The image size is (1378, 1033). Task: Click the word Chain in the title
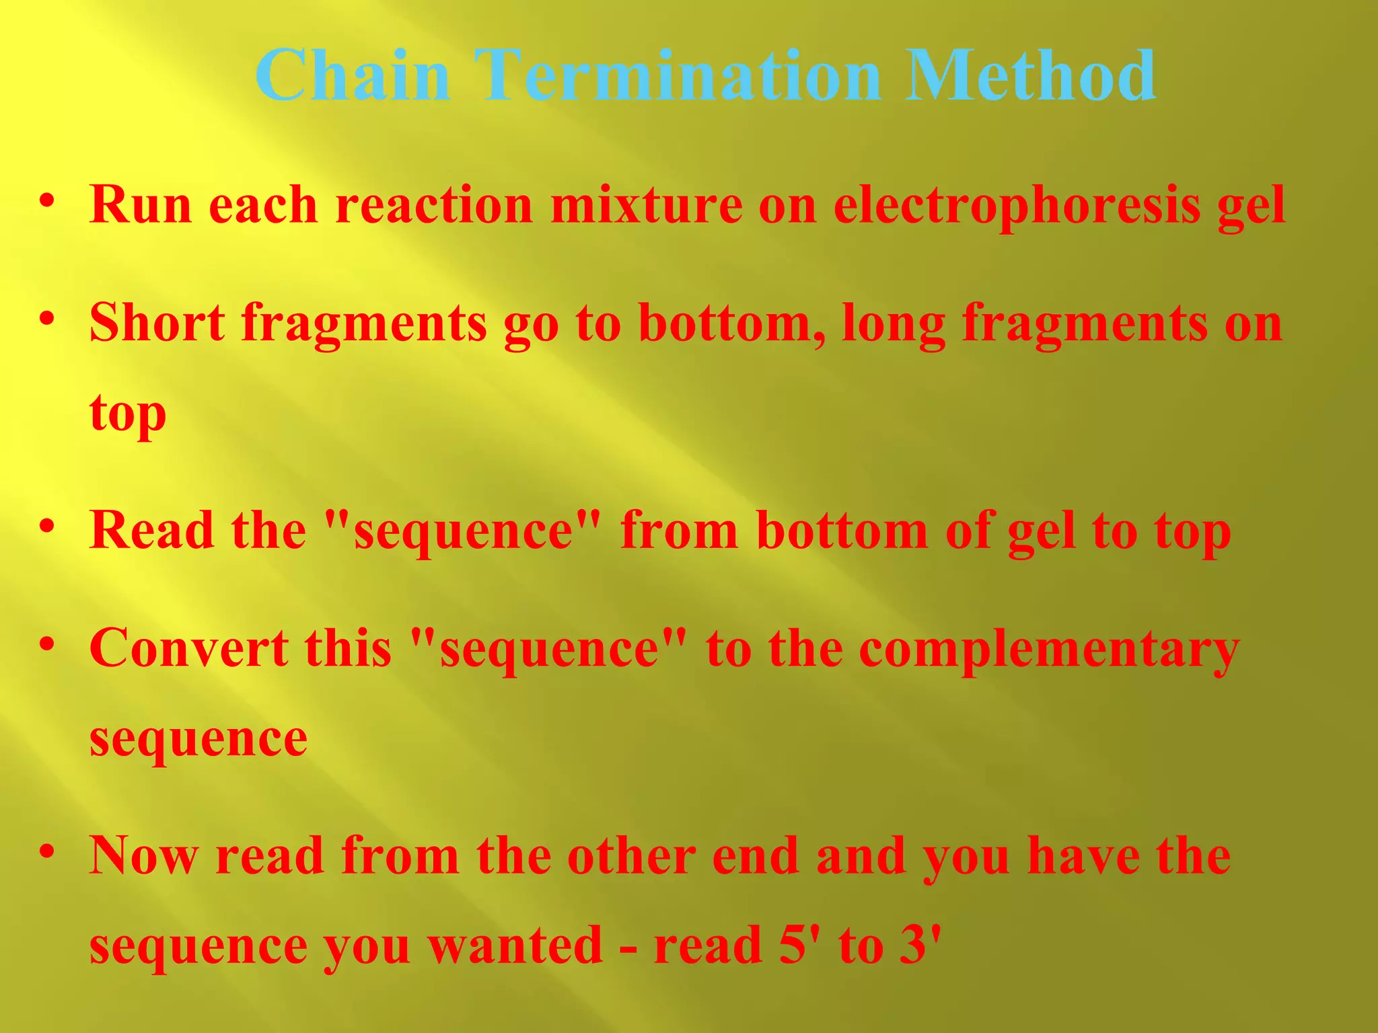pos(352,75)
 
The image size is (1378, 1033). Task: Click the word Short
pos(157,323)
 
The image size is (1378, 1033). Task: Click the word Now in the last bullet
pos(144,855)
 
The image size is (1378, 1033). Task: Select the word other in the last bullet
pos(632,855)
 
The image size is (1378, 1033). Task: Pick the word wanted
pos(515,946)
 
